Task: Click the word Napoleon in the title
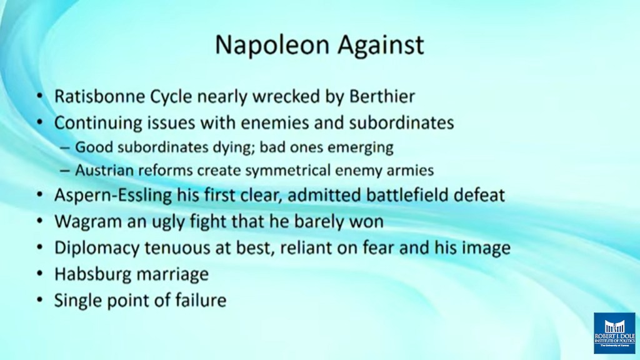273,45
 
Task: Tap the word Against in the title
381,46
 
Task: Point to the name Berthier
382,97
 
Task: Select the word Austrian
104,170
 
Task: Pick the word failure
201,301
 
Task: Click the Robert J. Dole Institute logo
614,333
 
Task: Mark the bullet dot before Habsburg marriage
39,274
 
